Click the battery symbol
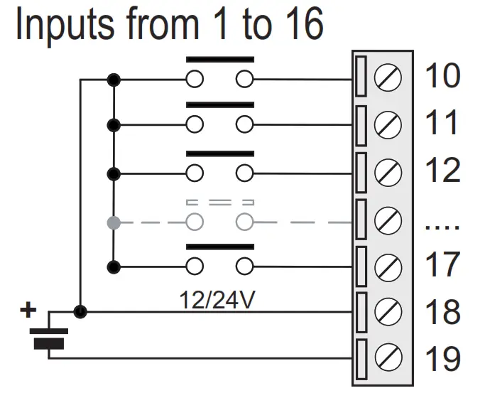(x=48, y=338)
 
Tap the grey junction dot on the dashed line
(x=112, y=222)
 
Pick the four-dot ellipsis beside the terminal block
(x=442, y=227)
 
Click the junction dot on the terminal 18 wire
(x=82, y=311)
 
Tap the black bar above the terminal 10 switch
(x=219, y=59)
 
